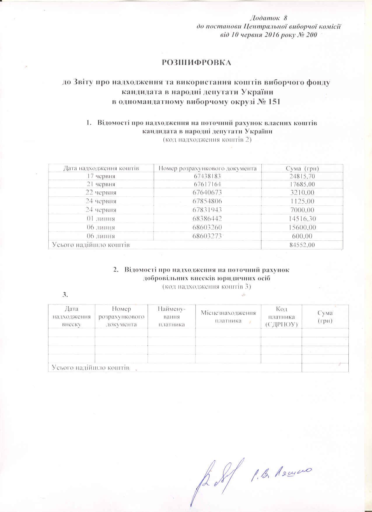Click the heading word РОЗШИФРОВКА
tap(196, 63)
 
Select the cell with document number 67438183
tap(207, 176)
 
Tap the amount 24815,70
tap(302, 176)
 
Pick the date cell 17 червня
tap(101, 176)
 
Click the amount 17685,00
tap(302, 184)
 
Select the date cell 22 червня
tap(101, 193)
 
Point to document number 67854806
tap(207, 201)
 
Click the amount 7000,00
tap(302, 210)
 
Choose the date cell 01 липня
tap(101, 219)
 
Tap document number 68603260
tap(207, 228)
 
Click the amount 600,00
tap(302, 236)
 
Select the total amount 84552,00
tap(302, 245)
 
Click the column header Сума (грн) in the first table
tap(302, 168)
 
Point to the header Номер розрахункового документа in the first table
tap(207, 168)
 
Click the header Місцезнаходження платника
tap(228, 317)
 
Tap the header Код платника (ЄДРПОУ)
tap(281, 317)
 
